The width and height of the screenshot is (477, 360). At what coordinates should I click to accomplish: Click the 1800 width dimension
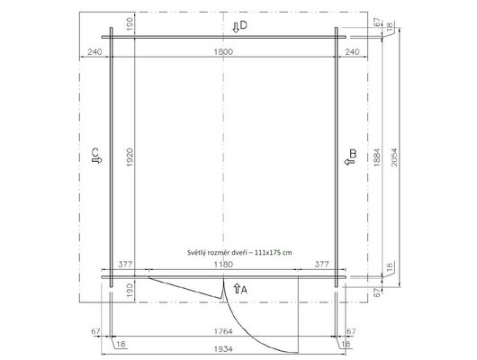click(x=223, y=51)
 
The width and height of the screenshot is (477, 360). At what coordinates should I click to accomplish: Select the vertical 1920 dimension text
click(x=130, y=157)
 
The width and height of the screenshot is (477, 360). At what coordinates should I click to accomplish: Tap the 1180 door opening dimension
click(x=223, y=264)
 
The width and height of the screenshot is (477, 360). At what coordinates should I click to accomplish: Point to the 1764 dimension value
click(x=223, y=331)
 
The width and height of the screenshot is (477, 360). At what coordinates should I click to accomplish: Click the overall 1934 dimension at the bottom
click(x=223, y=348)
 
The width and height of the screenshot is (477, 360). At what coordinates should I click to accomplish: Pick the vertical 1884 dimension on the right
click(x=376, y=157)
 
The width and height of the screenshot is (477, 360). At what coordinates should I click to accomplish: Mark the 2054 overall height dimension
click(x=394, y=157)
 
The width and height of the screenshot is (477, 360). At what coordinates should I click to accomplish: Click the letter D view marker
click(x=243, y=25)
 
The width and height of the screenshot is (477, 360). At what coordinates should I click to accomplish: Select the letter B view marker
click(x=353, y=154)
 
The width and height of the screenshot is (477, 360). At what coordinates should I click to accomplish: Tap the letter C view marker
click(x=95, y=151)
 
